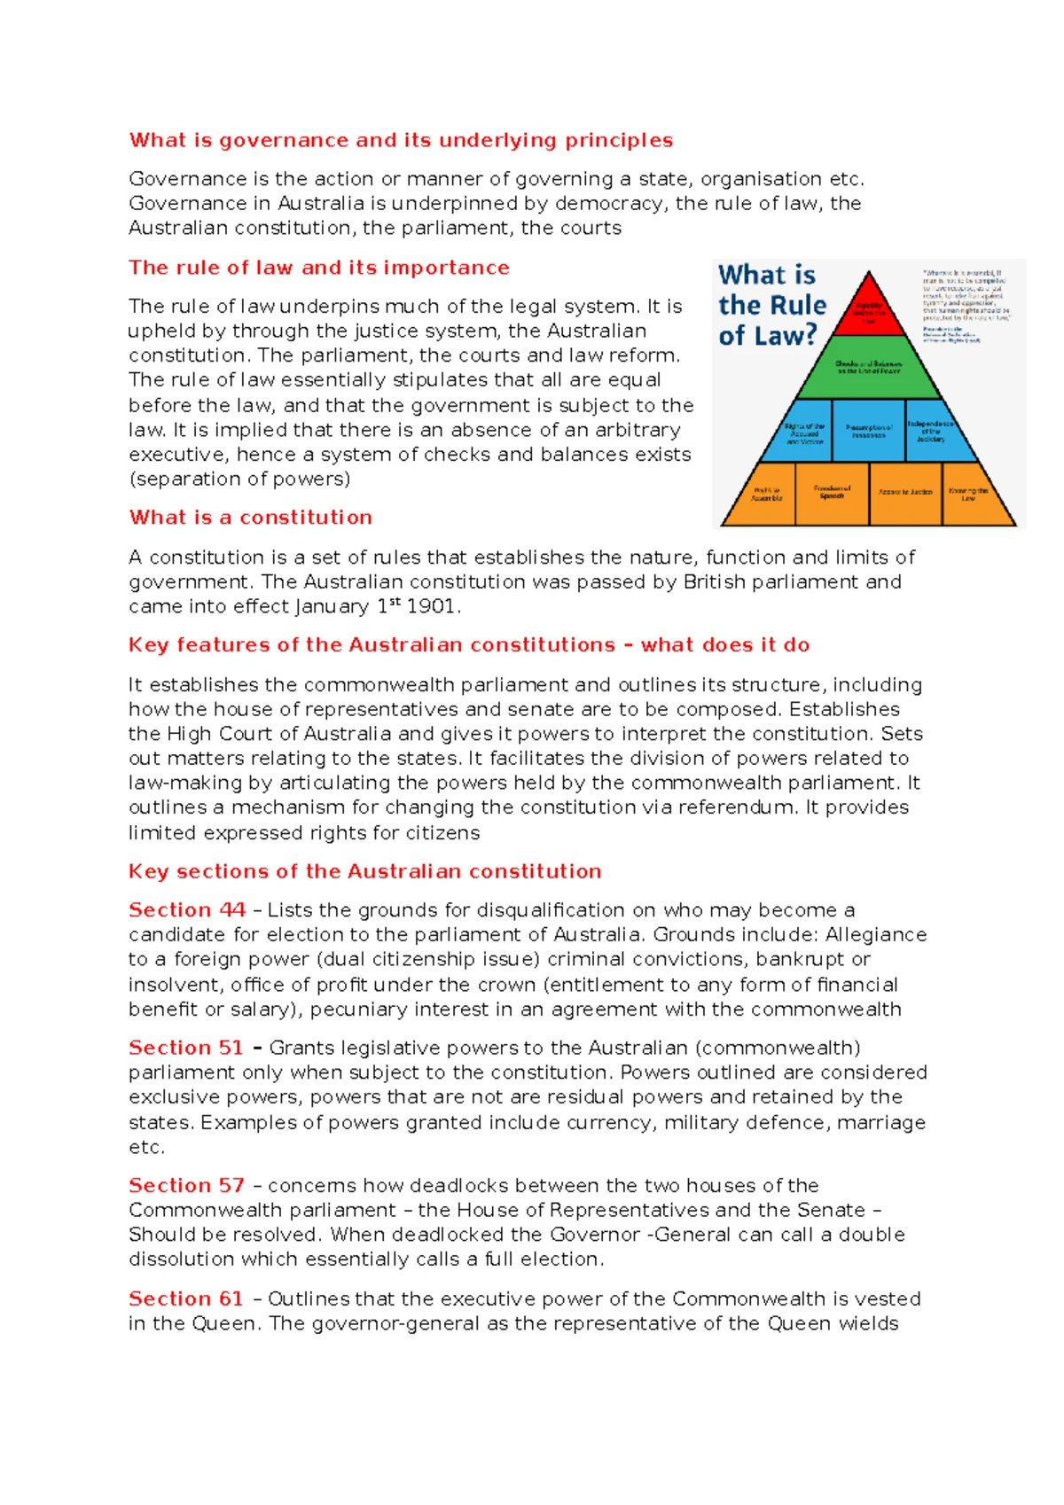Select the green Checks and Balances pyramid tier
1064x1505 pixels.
click(x=869, y=368)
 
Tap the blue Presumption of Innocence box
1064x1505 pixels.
click(x=869, y=431)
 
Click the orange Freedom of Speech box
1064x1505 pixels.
click(x=832, y=493)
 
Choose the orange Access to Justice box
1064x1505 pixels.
click(x=905, y=493)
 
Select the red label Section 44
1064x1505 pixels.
click(x=187, y=910)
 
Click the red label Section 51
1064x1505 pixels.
click(x=186, y=1048)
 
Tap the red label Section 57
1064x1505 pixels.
click(x=186, y=1186)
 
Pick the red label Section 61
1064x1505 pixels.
click(x=186, y=1299)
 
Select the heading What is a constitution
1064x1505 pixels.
click(x=250, y=518)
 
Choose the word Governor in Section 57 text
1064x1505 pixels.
click(x=595, y=1235)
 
